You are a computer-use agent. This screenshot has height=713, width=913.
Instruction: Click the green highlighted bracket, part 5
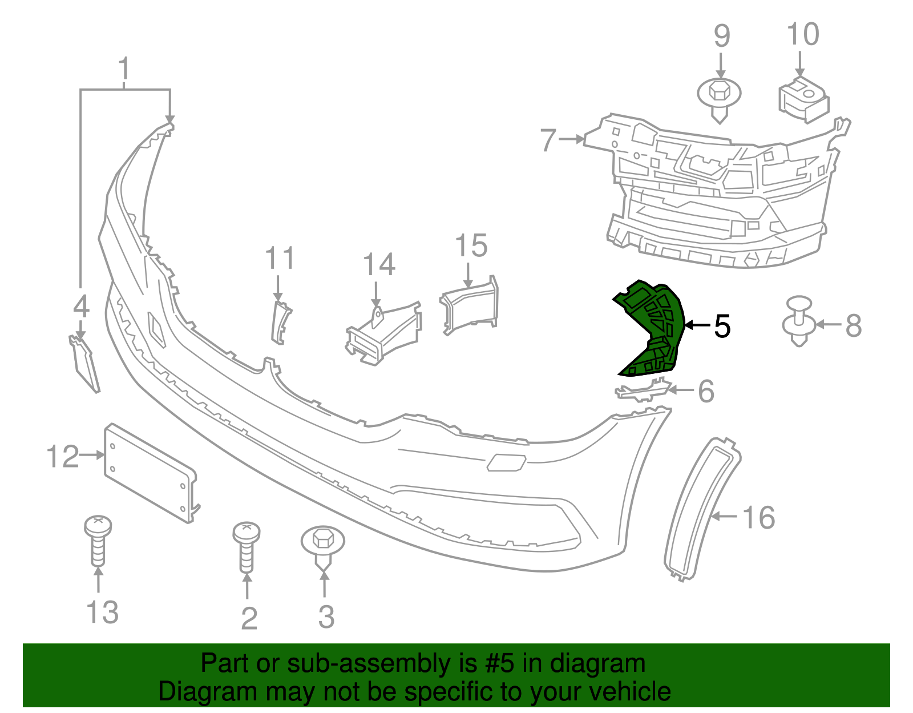(x=656, y=331)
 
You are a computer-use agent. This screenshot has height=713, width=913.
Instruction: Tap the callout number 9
(x=722, y=36)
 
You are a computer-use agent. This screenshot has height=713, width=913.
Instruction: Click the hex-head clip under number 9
(x=720, y=97)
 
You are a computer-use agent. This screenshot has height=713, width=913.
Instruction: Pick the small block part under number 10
(x=803, y=100)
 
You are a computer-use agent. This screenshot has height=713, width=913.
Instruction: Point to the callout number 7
(x=548, y=140)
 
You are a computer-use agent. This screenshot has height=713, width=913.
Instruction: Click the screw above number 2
(x=247, y=545)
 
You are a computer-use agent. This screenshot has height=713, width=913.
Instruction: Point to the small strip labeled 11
(x=280, y=323)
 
